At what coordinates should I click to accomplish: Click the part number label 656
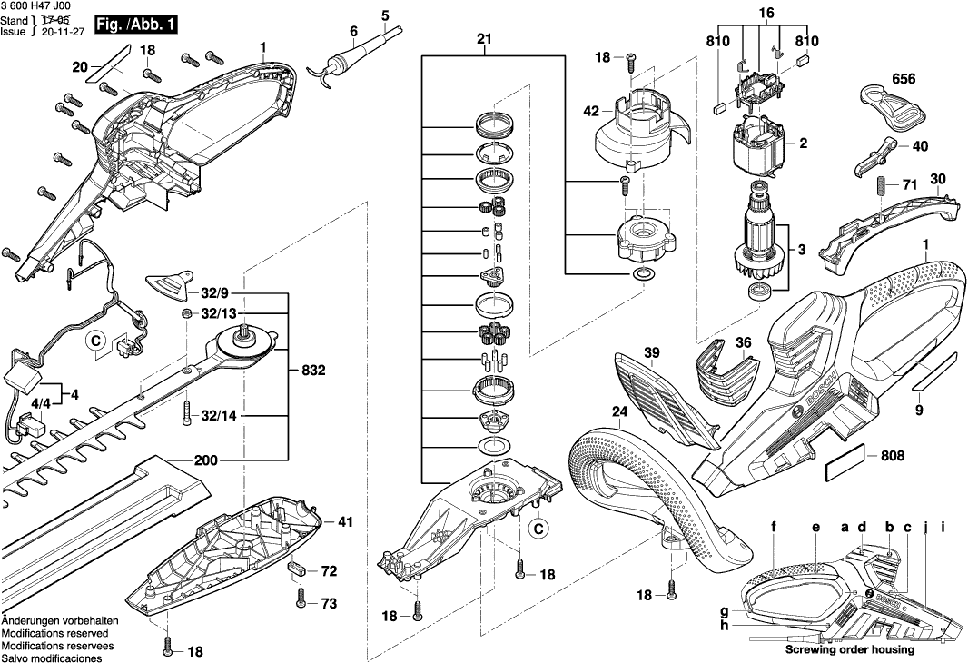tap(903, 79)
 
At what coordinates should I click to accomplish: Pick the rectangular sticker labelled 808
tap(844, 466)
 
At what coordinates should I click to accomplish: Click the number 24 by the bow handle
tap(620, 411)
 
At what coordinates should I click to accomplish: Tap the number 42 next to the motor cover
tap(591, 112)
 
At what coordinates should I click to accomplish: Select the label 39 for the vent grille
tap(652, 351)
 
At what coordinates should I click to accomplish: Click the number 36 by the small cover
tap(744, 342)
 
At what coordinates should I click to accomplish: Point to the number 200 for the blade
tap(206, 461)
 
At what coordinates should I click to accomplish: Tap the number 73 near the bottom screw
tap(328, 604)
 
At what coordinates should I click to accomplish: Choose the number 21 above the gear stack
tap(483, 39)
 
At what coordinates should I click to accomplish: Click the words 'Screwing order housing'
tap(849, 650)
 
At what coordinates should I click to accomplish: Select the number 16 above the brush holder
tap(766, 14)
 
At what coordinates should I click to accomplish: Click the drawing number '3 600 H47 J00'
tap(38, 6)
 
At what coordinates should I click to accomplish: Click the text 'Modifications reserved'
tap(54, 632)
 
